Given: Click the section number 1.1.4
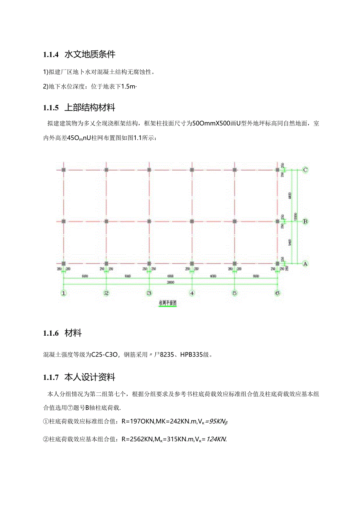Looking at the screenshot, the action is (x=51, y=55).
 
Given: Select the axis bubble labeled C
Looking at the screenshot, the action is (x=306, y=170).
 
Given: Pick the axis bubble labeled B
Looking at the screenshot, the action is (x=306, y=221).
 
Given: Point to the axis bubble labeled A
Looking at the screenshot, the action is (x=306, y=264).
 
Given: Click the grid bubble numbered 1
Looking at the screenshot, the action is (x=63, y=293).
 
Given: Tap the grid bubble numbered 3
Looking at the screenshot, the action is (x=149, y=293).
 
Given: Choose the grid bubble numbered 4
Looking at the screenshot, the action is (x=192, y=293).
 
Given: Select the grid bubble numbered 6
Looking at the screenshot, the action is (x=277, y=293).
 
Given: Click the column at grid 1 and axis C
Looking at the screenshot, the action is (x=64, y=170).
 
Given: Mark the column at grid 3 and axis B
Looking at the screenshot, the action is (x=149, y=221).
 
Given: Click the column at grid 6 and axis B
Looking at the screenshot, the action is (x=277, y=221).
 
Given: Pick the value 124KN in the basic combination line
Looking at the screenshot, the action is (x=216, y=439).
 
